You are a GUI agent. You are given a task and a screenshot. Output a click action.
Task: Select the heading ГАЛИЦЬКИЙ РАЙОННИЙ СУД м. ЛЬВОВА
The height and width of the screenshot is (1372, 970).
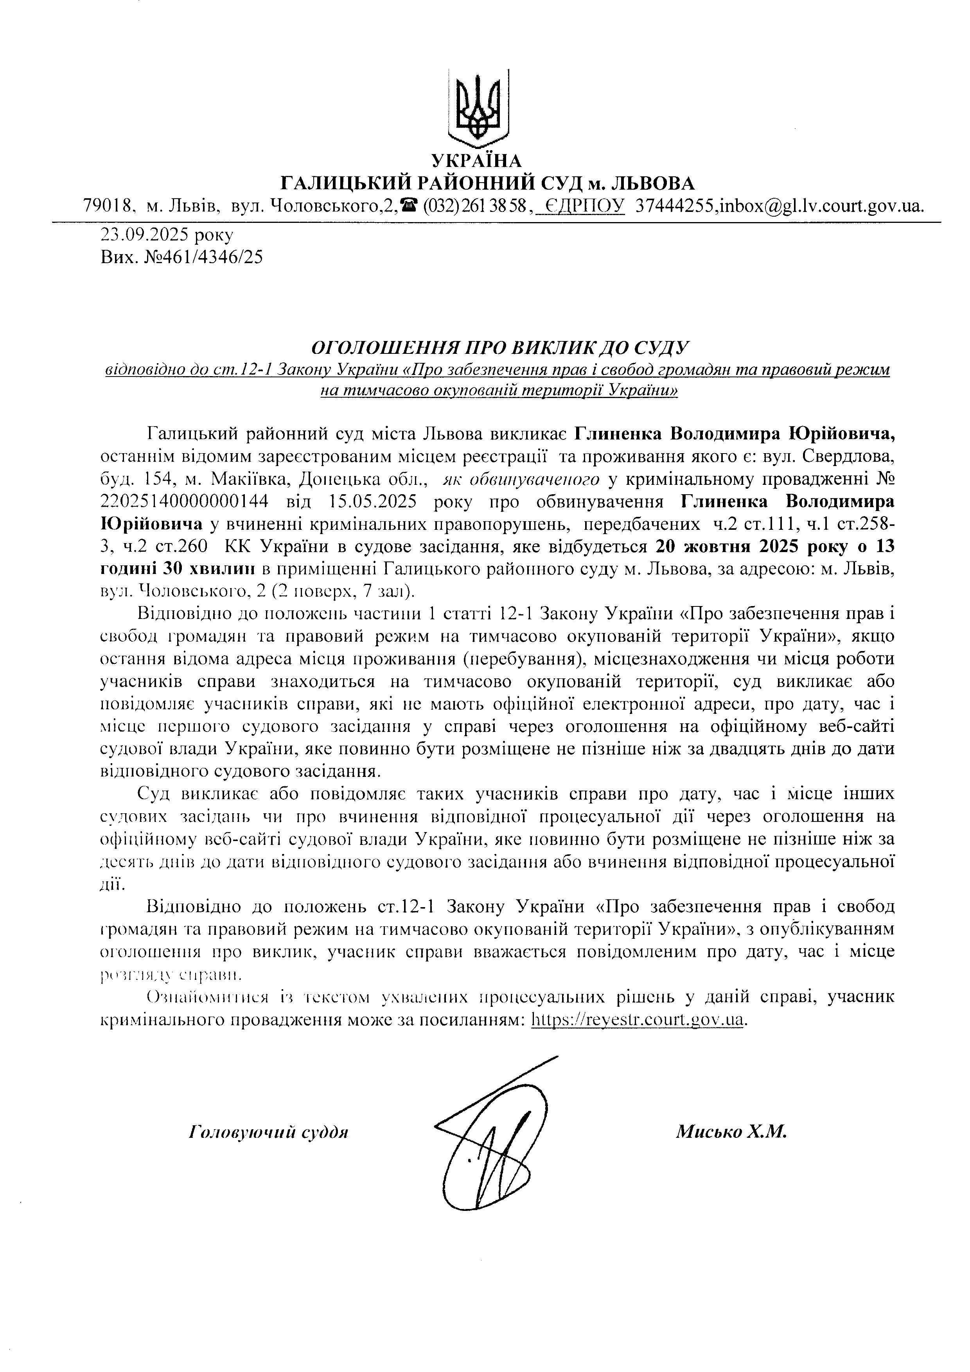[x=488, y=183]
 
